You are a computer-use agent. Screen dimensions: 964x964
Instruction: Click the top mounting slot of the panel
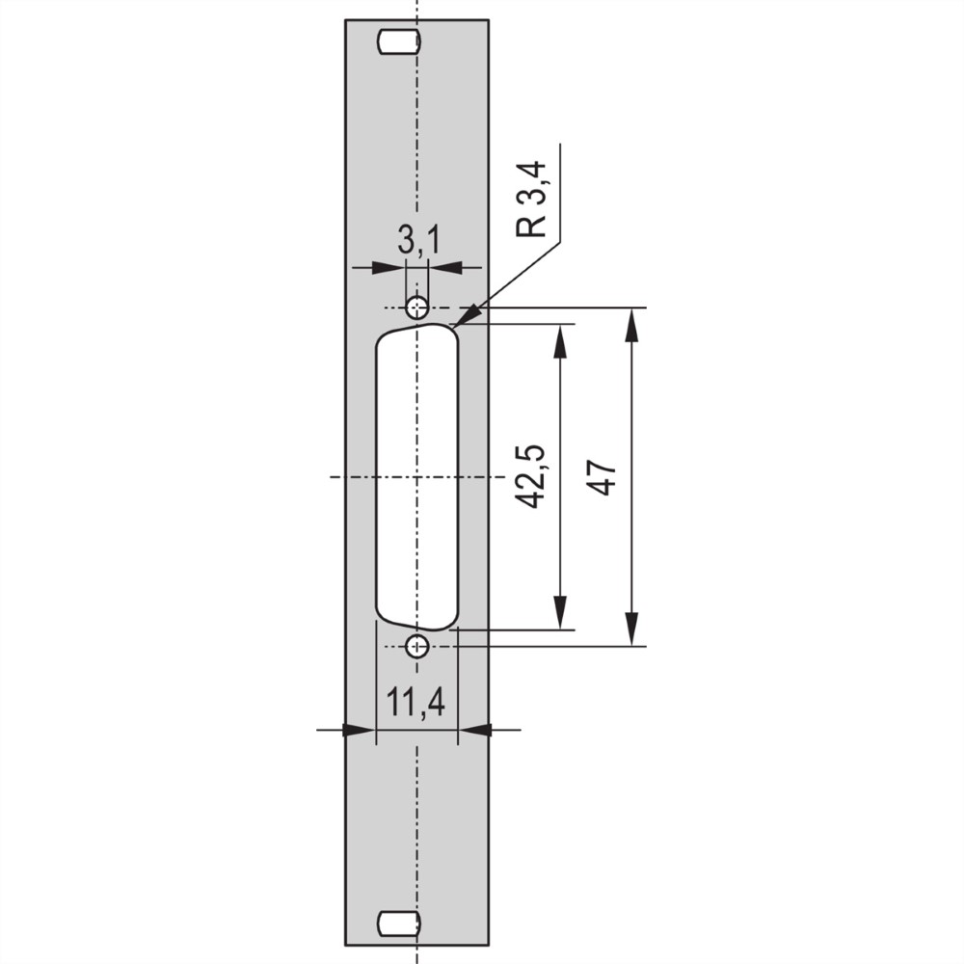pyautogui.click(x=399, y=42)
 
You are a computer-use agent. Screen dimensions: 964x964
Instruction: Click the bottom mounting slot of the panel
pyautogui.click(x=399, y=923)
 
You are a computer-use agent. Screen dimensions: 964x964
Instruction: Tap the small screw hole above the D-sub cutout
pyautogui.click(x=417, y=307)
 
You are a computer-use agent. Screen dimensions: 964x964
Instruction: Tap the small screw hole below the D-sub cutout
pyautogui.click(x=417, y=646)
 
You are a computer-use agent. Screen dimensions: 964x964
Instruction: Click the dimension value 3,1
pyautogui.click(x=418, y=240)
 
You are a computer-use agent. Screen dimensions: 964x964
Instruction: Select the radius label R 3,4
pyautogui.click(x=531, y=199)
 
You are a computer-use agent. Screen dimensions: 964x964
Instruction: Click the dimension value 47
pyautogui.click(x=601, y=476)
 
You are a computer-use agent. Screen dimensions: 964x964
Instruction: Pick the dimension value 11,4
pyautogui.click(x=415, y=703)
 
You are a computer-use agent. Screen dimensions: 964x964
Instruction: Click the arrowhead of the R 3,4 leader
pyautogui.click(x=468, y=315)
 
